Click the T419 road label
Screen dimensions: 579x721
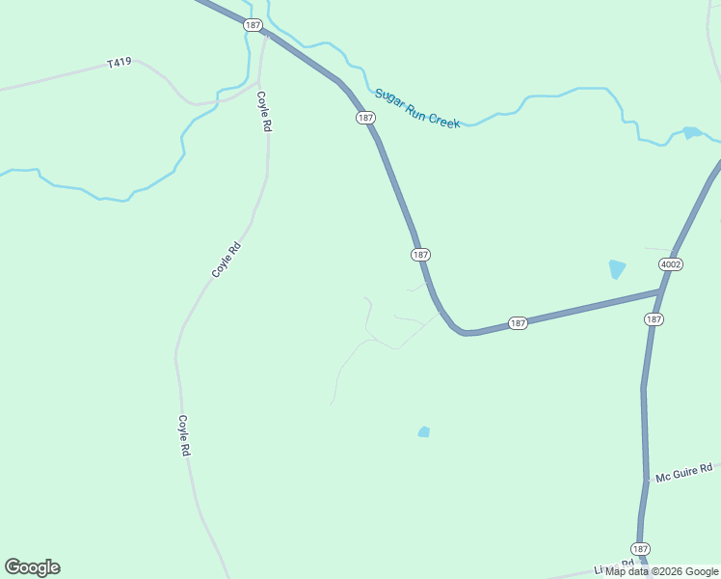pos(119,63)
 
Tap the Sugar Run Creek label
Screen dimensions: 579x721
pos(417,108)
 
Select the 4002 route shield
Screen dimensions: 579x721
pos(671,263)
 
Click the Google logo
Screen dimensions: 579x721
pos(32,567)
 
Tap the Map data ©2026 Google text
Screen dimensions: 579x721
pos(662,571)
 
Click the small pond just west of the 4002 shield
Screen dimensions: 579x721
pos(617,269)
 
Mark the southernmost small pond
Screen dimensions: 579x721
pos(423,431)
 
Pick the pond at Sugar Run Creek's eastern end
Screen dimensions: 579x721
pos(691,132)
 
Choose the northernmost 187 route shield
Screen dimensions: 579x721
pos(253,25)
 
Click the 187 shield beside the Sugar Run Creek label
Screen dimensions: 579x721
pos(364,118)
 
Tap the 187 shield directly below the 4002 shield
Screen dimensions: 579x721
pos(654,318)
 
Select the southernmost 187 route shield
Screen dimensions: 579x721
pos(641,547)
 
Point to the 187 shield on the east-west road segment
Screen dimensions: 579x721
pos(518,323)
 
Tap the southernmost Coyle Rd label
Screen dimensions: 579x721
pos(183,435)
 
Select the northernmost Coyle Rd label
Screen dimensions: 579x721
pos(262,112)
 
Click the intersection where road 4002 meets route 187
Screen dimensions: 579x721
pos(662,290)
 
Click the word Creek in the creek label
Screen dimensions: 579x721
pos(443,120)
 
